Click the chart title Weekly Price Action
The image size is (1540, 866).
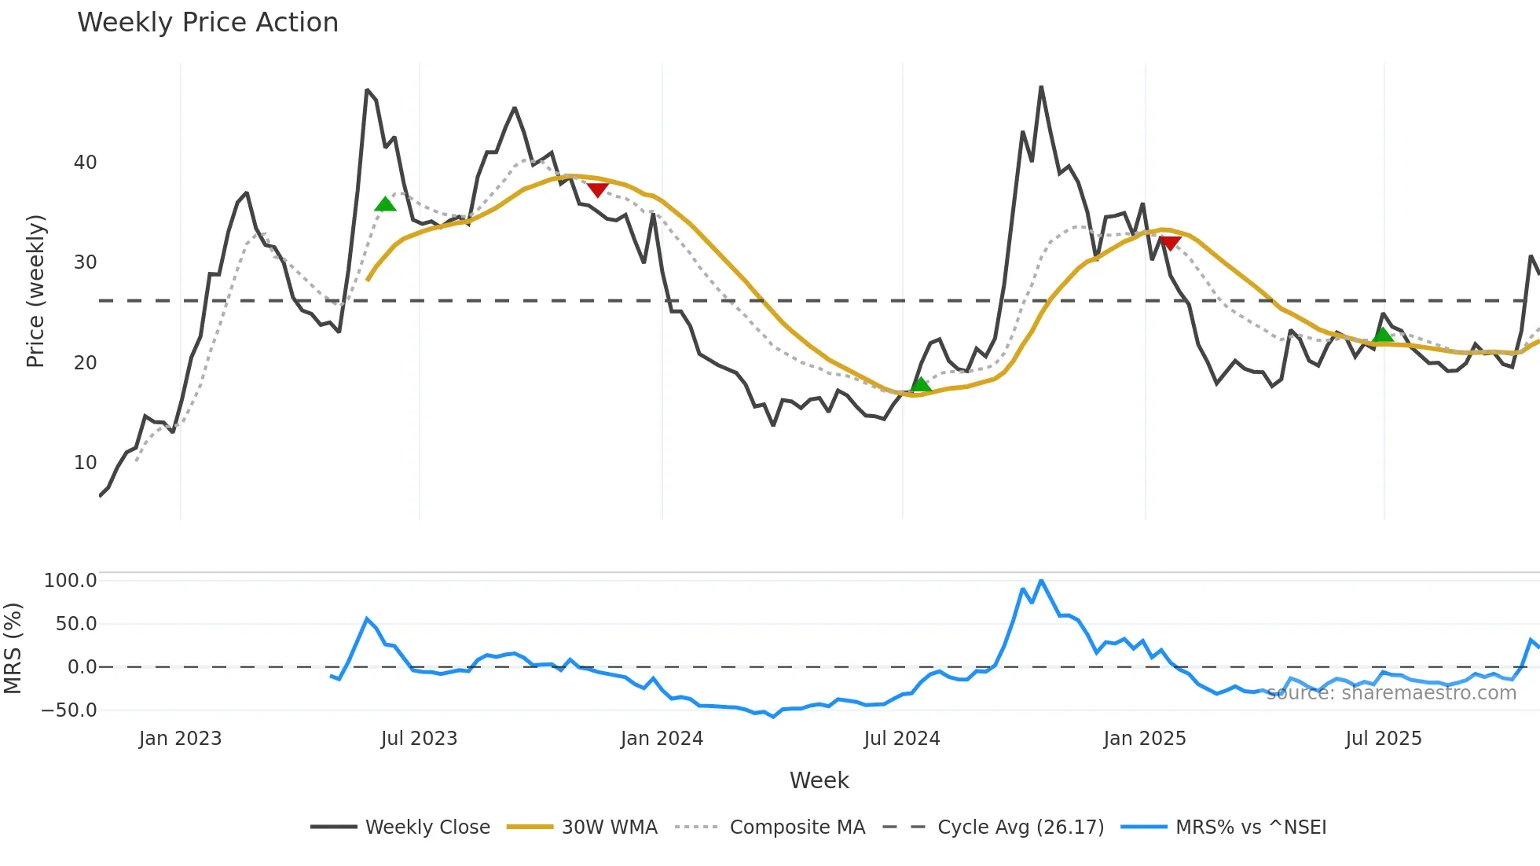207,23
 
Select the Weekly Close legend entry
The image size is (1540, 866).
427,827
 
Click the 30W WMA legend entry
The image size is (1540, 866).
609,827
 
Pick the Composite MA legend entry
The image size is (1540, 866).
797,827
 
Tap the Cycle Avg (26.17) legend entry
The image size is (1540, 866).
1020,827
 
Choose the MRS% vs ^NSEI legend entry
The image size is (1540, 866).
1250,827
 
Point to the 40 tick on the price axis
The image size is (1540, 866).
85,163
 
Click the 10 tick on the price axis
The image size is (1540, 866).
85,463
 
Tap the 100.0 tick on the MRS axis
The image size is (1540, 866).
70,581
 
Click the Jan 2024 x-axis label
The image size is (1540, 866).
662,739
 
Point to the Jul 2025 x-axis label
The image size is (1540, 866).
1383,739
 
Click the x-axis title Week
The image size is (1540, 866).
819,780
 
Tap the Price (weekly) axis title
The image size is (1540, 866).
35,291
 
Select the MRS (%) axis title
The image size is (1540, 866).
13,648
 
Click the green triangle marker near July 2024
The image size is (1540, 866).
920,384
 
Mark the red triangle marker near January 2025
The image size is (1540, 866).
1170,244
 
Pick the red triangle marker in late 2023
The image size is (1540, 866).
597,190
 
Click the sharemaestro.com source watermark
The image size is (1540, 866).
1391,693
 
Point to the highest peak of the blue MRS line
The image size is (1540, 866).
1041,581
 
